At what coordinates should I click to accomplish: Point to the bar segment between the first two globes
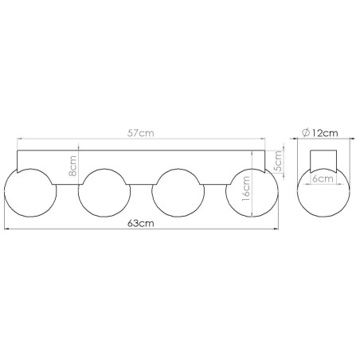click(x=66, y=179)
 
